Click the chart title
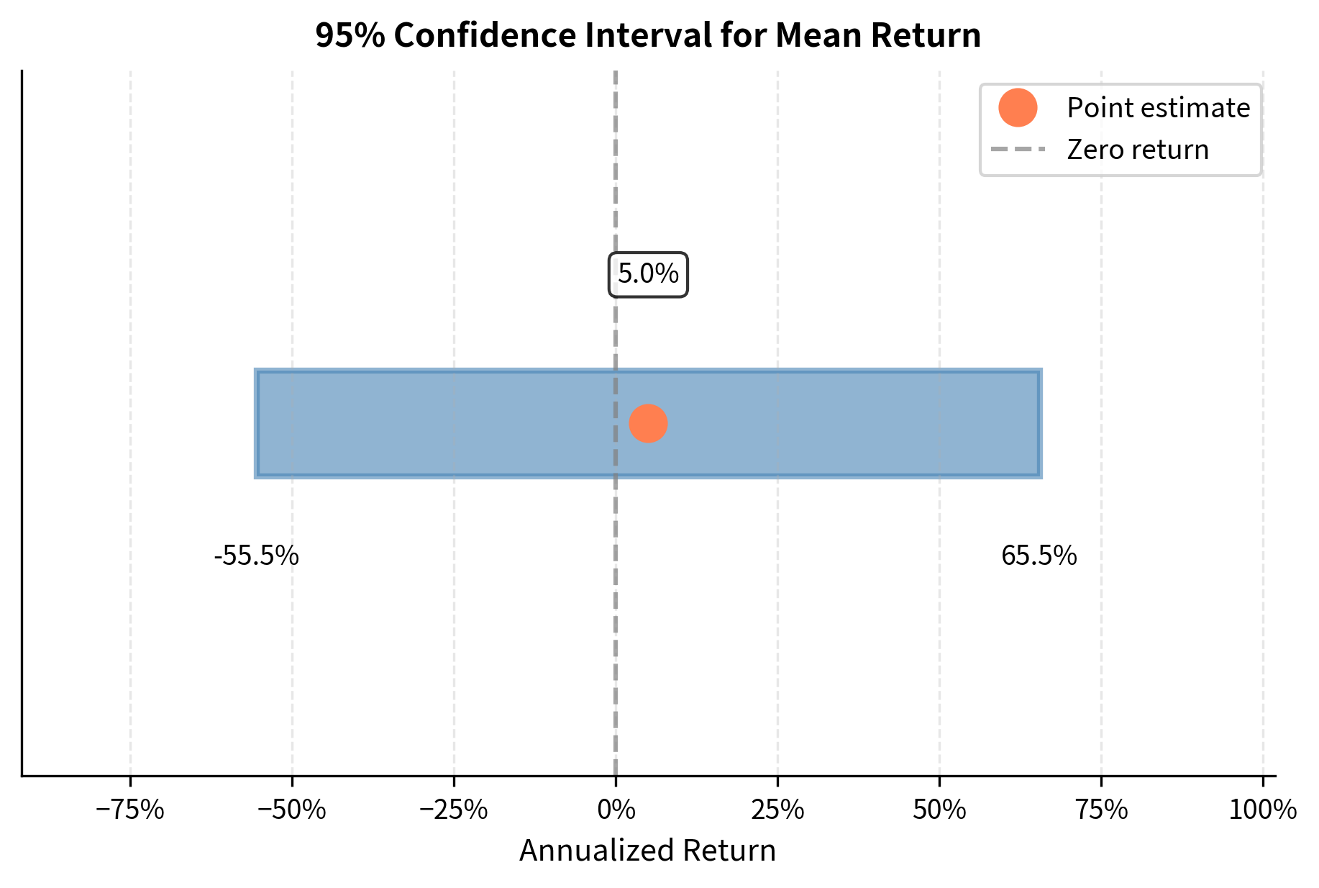[x=647, y=36]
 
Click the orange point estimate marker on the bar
[x=648, y=424]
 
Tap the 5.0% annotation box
[x=648, y=274]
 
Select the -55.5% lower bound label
[x=256, y=556]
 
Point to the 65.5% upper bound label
[x=1039, y=556]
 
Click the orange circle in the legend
[x=1017, y=108]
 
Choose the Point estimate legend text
[x=1158, y=108]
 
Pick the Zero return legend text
[x=1138, y=150]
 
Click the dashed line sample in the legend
[x=1017, y=150]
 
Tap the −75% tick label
[x=130, y=811]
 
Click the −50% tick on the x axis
[x=292, y=811]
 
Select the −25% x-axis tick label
[x=454, y=811]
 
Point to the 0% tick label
[x=616, y=811]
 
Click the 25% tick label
[x=777, y=811]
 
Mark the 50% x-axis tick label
[x=939, y=811]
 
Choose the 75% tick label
[x=1101, y=811]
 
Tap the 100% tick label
[x=1262, y=811]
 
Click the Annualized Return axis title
[x=647, y=851]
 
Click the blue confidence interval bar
[x=827, y=424]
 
